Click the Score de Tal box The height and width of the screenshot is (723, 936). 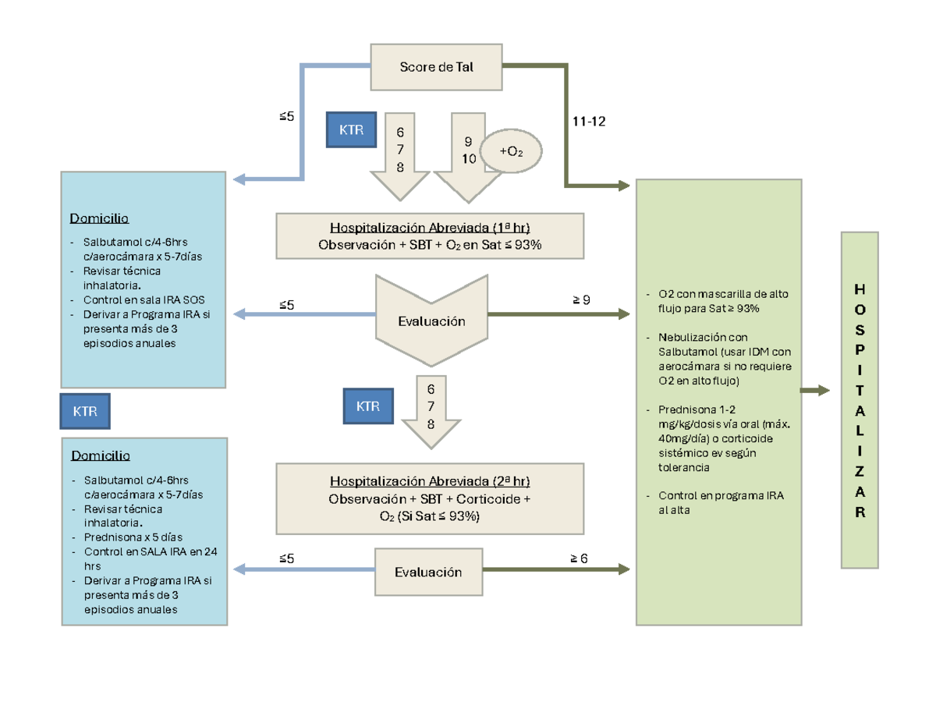click(436, 67)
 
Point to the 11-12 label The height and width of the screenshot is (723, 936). click(589, 122)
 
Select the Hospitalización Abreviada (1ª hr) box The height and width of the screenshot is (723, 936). click(430, 236)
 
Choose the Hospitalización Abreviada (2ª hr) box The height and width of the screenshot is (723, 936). click(430, 498)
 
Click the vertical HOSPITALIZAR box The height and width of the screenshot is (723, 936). click(860, 400)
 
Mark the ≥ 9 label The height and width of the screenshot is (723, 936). click(580, 299)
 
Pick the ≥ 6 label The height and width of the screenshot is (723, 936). click(580, 558)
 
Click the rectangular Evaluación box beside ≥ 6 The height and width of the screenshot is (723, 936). click(428, 572)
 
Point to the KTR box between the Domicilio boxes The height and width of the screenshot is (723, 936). click(85, 412)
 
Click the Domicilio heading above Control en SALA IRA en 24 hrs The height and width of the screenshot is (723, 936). click(101, 455)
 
